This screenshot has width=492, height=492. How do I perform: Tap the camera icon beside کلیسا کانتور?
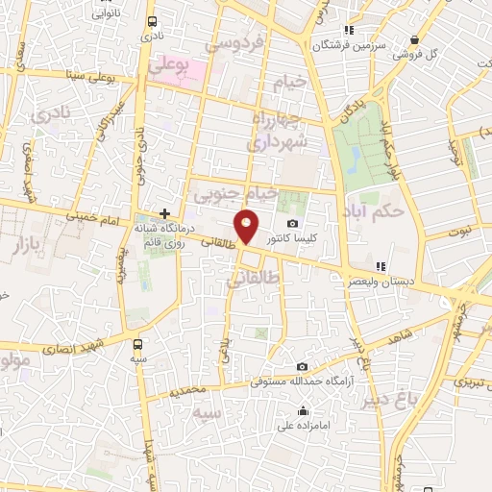(x=292, y=223)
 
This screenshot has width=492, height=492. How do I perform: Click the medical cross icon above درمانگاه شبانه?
(x=165, y=213)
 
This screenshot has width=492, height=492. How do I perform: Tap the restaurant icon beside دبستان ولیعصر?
(x=381, y=266)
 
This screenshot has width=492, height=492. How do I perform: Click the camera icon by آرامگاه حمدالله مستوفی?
(x=302, y=366)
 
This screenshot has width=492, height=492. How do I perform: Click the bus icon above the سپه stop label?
(x=139, y=343)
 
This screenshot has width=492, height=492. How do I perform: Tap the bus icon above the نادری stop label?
(x=152, y=21)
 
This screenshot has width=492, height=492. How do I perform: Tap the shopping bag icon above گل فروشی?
(x=414, y=39)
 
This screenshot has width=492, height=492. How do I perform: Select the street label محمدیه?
(x=187, y=391)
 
